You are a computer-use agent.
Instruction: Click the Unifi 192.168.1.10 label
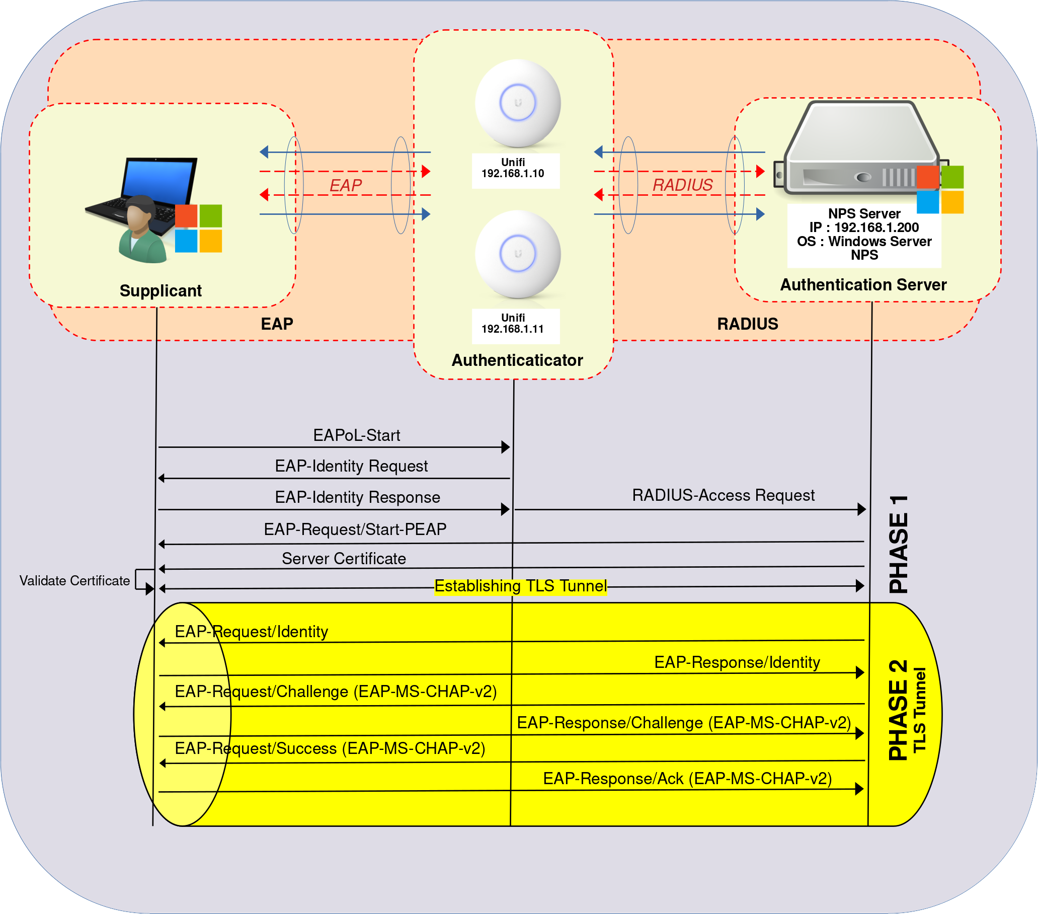pyautogui.click(x=513, y=168)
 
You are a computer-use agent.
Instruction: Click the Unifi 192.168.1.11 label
pyautogui.click(x=513, y=324)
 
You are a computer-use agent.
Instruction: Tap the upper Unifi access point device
pyautogui.click(x=517, y=103)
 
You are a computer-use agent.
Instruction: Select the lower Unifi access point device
pyautogui.click(x=517, y=254)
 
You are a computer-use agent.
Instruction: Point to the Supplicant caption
pyautogui.click(x=161, y=290)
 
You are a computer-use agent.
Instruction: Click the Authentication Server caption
pyautogui.click(x=863, y=284)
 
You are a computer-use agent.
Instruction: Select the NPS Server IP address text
pyautogui.click(x=864, y=227)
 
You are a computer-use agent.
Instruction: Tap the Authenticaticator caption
pyautogui.click(x=517, y=360)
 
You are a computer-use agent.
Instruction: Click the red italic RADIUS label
pyautogui.click(x=682, y=185)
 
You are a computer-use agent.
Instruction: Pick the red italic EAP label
pyautogui.click(x=345, y=185)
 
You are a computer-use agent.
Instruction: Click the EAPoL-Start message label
pyautogui.click(x=357, y=435)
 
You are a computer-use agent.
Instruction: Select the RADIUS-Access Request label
pyautogui.click(x=723, y=495)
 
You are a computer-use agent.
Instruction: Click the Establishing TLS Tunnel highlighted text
pyautogui.click(x=521, y=586)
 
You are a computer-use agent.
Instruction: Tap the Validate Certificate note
pyautogui.click(x=74, y=581)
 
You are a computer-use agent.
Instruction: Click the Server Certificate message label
pyautogui.click(x=344, y=558)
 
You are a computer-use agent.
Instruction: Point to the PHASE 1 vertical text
pyautogui.click(x=898, y=544)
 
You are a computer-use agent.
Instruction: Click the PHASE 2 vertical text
pyautogui.click(x=897, y=710)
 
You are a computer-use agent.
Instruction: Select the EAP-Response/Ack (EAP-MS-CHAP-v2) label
pyautogui.click(x=687, y=778)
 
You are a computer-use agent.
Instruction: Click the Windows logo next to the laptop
pyautogui.click(x=199, y=228)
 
